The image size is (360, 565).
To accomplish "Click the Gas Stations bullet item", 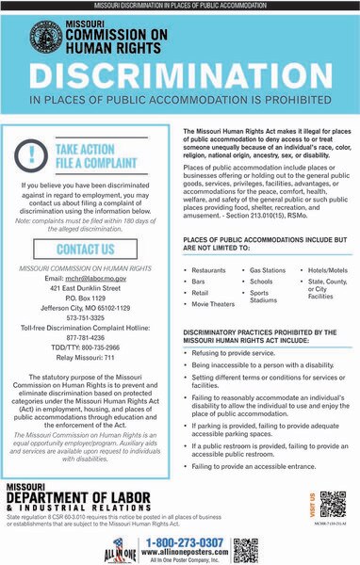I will (273, 270).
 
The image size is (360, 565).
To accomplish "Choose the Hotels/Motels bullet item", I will (326, 270).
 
